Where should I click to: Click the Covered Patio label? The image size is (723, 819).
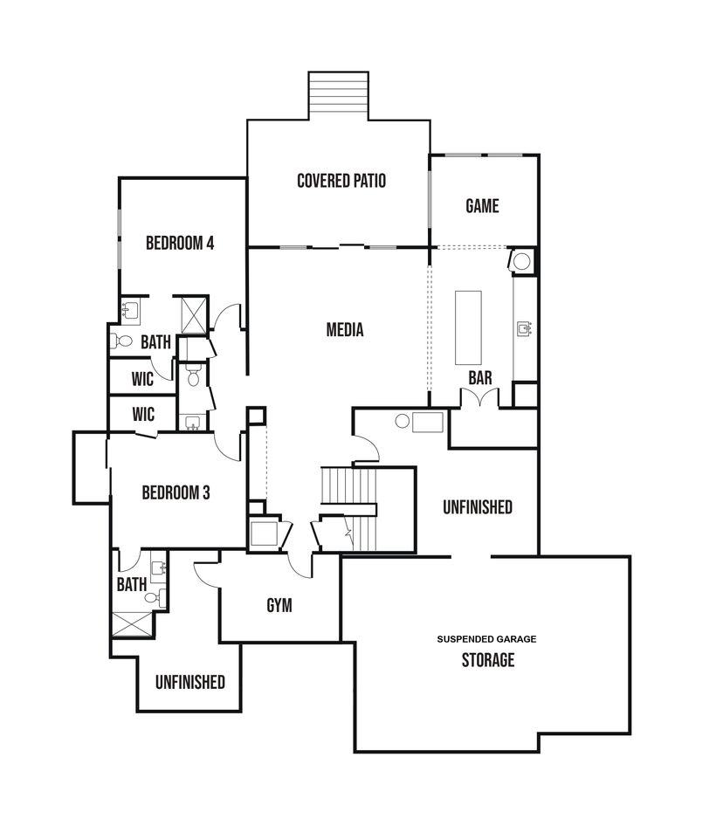[341, 181]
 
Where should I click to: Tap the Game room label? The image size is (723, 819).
[482, 206]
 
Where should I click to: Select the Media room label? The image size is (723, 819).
[345, 329]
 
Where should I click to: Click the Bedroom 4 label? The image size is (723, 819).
[180, 243]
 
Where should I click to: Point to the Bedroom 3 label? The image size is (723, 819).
[176, 492]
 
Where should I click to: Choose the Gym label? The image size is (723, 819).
[279, 605]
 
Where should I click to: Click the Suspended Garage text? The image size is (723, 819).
[487, 639]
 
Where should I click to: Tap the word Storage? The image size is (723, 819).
[488, 660]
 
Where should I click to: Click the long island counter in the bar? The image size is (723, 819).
[468, 327]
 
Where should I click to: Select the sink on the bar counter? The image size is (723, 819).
[524, 328]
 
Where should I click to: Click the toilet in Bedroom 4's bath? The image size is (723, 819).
[121, 341]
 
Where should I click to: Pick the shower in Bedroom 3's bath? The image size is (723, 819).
[134, 623]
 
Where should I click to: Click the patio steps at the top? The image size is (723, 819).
[339, 96]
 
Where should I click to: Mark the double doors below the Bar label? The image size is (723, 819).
[479, 397]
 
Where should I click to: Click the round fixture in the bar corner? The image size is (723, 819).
[521, 261]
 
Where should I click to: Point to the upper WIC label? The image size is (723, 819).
[142, 379]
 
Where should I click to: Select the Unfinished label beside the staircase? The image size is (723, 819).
[478, 507]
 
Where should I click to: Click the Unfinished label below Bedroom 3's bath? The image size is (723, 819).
[190, 682]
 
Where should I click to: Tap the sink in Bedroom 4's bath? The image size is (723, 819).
[130, 309]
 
